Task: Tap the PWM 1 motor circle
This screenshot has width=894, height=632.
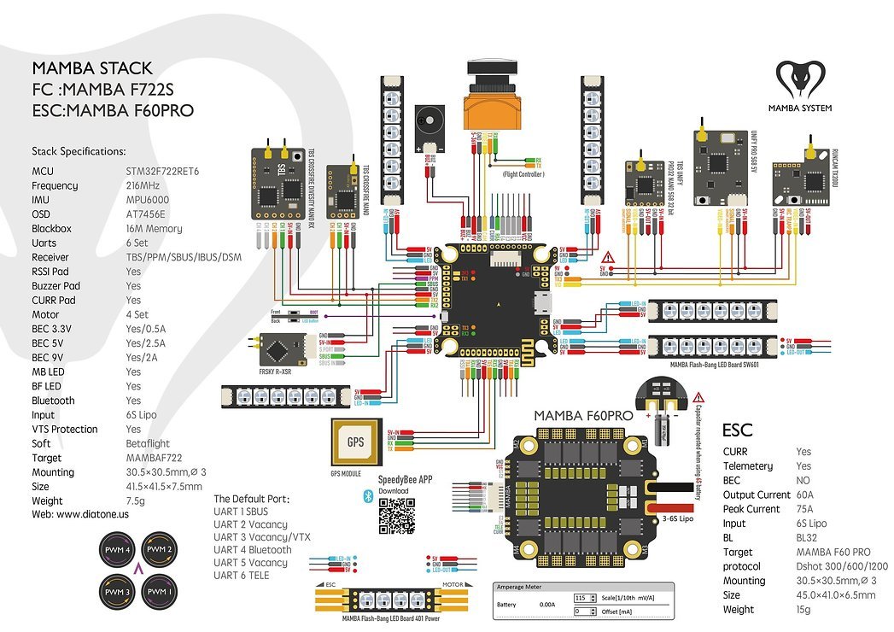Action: (x=157, y=590)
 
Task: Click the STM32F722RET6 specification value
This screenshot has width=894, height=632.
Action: (x=162, y=171)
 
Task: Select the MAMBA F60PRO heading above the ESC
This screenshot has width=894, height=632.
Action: (x=583, y=416)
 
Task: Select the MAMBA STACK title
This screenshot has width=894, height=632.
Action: (x=92, y=68)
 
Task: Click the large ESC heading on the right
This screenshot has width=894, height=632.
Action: (x=737, y=429)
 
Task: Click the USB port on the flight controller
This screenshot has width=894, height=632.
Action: (x=540, y=301)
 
